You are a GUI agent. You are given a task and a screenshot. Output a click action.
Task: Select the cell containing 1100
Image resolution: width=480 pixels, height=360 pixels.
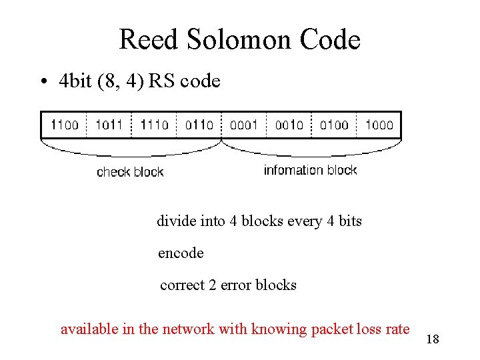tap(64, 125)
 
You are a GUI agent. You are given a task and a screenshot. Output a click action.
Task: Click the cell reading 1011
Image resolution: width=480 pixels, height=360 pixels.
tap(109, 125)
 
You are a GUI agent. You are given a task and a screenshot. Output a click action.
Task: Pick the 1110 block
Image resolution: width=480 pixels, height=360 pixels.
tap(154, 125)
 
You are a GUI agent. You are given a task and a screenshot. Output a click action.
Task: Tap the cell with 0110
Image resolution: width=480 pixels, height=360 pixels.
tap(199, 125)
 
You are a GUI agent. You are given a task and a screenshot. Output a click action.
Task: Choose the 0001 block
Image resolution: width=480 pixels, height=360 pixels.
tap(244, 125)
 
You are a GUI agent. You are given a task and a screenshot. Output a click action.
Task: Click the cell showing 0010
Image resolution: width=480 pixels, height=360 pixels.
tap(289, 125)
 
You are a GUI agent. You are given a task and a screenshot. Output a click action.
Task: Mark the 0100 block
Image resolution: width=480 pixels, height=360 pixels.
tap(334, 125)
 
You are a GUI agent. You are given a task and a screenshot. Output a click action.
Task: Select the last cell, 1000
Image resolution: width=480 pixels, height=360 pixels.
tap(379, 125)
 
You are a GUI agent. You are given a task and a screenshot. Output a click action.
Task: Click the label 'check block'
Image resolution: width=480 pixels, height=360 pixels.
tap(130, 172)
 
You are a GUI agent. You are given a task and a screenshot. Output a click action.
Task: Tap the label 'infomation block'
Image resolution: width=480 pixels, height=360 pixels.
tap(310, 170)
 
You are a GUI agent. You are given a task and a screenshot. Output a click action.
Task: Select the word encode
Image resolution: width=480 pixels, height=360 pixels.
tap(181, 253)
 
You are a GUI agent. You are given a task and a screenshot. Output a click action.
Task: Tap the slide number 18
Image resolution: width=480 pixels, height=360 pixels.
tap(432, 340)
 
